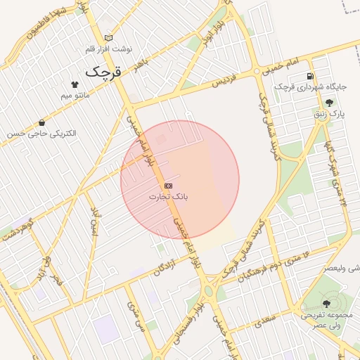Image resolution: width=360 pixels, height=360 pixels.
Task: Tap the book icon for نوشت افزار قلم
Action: [x=108, y=37]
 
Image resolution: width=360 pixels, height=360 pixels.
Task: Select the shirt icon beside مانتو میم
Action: [x=75, y=84]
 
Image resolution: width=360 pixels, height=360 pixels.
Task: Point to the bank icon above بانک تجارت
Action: [x=167, y=185]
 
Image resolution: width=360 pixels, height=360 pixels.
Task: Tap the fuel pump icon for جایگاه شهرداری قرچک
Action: [x=309, y=76]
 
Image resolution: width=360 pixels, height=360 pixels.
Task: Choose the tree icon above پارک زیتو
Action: [x=329, y=103]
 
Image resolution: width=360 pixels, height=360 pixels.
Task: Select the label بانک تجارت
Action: [x=168, y=197]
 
